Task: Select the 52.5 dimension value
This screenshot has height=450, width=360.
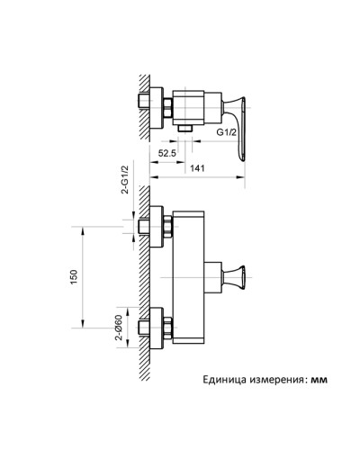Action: [166, 153]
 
